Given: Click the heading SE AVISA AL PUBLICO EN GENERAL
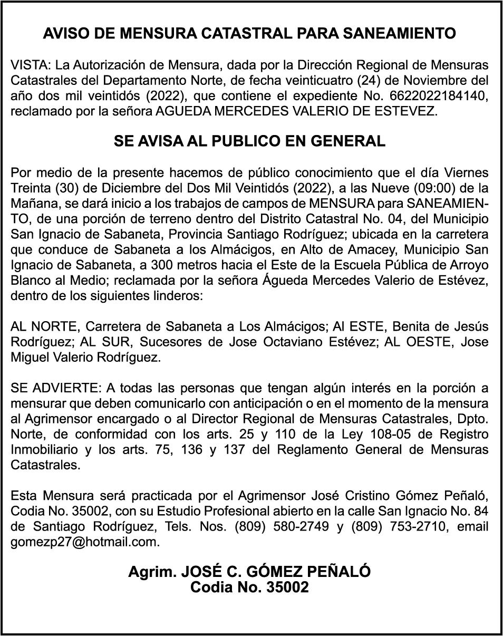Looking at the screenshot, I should pos(249,141).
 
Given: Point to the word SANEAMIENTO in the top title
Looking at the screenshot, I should pos(400,34).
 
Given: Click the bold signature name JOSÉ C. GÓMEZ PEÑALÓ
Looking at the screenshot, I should pos(276,572).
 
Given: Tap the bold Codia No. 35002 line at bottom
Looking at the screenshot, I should pos(249,587).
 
